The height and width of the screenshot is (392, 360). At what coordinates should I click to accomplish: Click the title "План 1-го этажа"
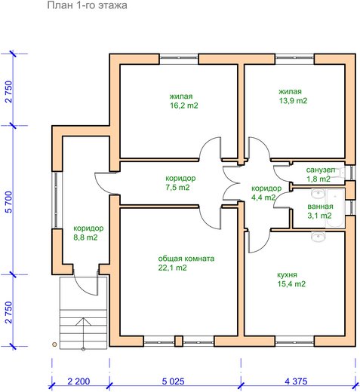coord(87,5)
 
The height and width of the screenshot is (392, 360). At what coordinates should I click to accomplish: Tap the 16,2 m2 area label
coord(184,106)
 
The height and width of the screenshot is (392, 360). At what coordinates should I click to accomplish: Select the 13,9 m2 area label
coord(293,100)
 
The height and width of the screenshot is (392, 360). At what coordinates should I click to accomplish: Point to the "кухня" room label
coord(287,274)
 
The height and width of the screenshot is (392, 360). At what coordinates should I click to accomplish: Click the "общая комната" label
coord(186,259)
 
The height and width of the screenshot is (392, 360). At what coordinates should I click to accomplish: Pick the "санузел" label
coord(321,170)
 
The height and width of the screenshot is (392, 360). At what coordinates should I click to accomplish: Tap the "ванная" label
coord(320,207)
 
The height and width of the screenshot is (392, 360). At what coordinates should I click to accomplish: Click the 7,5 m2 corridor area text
coord(177,188)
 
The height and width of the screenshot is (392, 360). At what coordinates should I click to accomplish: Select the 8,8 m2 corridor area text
coord(85,237)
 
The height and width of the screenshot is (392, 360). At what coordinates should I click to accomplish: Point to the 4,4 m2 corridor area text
coord(263,198)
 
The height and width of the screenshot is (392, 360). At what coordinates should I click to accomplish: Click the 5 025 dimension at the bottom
coord(173,381)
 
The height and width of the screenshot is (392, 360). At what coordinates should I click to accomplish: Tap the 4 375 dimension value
coord(296,381)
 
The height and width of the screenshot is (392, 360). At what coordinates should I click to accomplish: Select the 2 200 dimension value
coord(78,381)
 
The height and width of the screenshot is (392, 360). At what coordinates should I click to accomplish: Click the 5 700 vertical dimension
coord(8,202)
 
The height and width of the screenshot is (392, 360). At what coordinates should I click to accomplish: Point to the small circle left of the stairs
coord(54,345)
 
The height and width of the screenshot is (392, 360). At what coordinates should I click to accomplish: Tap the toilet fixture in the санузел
coord(341,173)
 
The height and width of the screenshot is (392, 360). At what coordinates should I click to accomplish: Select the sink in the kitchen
coord(318,237)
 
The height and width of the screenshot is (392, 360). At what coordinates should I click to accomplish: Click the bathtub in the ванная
coord(335,208)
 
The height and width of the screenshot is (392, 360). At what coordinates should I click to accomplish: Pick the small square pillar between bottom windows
coord(179,341)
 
